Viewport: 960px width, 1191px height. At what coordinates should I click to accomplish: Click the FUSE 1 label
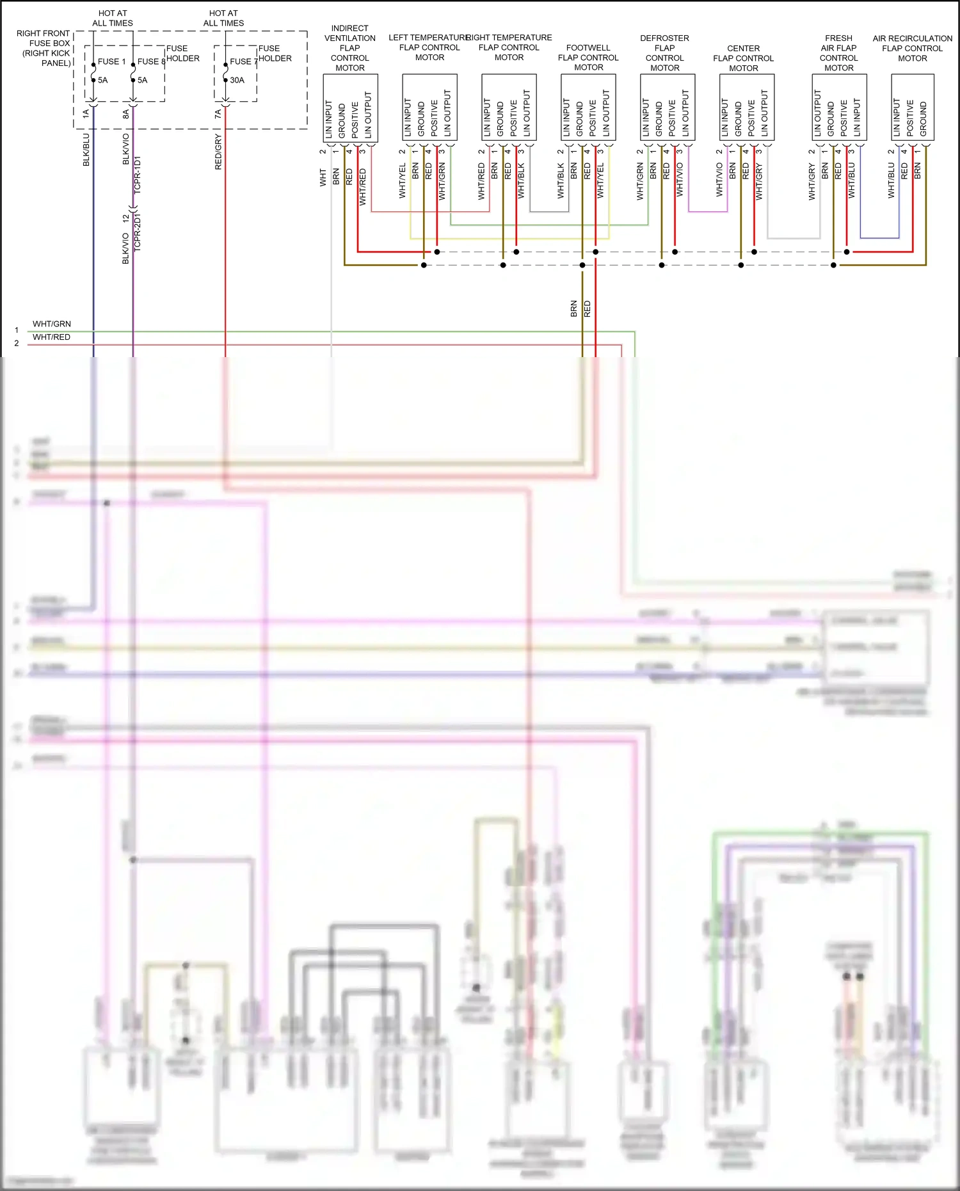click(x=111, y=61)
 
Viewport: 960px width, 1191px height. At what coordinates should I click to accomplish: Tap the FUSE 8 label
click(x=151, y=61)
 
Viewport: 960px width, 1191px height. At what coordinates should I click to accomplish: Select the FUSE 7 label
click(x=243, y=61)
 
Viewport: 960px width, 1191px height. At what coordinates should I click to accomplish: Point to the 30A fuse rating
click(x=237, y=80)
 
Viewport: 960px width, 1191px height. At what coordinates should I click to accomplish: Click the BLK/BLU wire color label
click(x=86, y=150)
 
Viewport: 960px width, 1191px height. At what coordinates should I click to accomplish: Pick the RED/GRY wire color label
click(x=218, y=152)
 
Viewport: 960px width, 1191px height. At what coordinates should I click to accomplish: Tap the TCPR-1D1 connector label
click(x=138, y=175)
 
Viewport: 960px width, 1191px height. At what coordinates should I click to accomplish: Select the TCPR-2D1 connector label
click(x=138, y=232)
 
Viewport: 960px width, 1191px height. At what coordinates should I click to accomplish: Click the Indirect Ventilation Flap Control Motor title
click(x=350, y=48)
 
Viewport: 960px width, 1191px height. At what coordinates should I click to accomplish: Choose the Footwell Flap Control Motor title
click(x=588, y=58)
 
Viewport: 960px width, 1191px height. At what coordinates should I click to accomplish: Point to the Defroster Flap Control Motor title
click(x=665, y=53)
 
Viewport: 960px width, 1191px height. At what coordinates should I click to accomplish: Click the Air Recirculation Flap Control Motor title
click(x=912, y=48)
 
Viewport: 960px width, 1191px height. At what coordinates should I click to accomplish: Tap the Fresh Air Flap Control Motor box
click(x=839, y=108)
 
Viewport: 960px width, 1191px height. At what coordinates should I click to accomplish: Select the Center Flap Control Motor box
click(x=747, y=108)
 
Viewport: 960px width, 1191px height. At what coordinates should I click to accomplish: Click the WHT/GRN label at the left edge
click(x=52, y=324)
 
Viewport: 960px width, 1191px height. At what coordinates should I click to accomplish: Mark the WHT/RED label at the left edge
click(x=52, y=337)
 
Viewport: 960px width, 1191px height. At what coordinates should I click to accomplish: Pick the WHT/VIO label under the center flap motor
click(x=719, y=180)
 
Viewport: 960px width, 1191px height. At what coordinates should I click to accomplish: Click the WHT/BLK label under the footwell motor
click(x=521, y=180)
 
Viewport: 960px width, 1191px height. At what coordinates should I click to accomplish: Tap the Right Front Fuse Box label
click(x=44, y=48)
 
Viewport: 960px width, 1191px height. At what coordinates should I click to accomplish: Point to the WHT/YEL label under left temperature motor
click(x=403, y=181)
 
